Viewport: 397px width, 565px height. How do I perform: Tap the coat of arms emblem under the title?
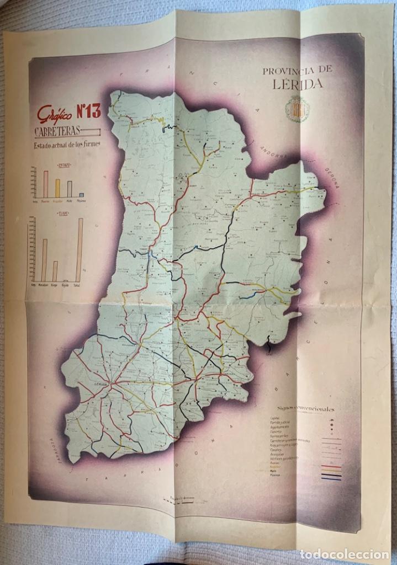tap(297, 109)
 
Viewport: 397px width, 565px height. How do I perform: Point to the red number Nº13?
tap(88, 112)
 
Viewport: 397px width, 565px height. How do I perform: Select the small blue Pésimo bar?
tap(81, 195)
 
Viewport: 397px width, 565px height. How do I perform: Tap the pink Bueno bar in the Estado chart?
tap(46, 184)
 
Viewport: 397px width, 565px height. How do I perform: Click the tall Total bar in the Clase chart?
tap(80, 249)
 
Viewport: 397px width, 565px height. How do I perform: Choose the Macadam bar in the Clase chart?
tap(44, 260)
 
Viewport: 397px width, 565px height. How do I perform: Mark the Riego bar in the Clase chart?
tap(55, 271)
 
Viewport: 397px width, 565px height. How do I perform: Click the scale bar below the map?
tap(182, 498)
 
